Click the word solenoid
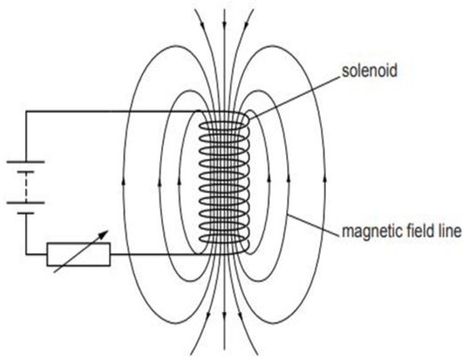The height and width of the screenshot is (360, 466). click(370, 71)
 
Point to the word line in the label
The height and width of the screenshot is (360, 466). click(450, 231)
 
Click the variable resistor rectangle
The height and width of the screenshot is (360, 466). click(78, 254)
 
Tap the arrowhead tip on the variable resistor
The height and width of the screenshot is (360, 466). click(108, 231)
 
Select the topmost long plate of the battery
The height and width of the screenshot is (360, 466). click(26, 162)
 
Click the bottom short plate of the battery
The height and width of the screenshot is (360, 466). click(26, 213)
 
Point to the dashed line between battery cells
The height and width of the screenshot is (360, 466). click(26, 187)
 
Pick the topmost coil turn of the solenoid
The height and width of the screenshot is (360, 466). click(224, 126)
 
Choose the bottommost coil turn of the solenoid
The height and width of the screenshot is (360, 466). click(224, 239)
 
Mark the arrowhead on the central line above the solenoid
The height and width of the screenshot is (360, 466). click(225, 23)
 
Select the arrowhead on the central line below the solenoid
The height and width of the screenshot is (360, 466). click(225, 315)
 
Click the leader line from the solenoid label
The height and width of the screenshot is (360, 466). click(294, 97)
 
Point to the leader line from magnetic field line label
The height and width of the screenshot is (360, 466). click(314, 225)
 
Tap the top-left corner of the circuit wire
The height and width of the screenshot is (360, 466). click(26, 111)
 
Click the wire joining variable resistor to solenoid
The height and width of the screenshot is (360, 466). click(158, 255)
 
